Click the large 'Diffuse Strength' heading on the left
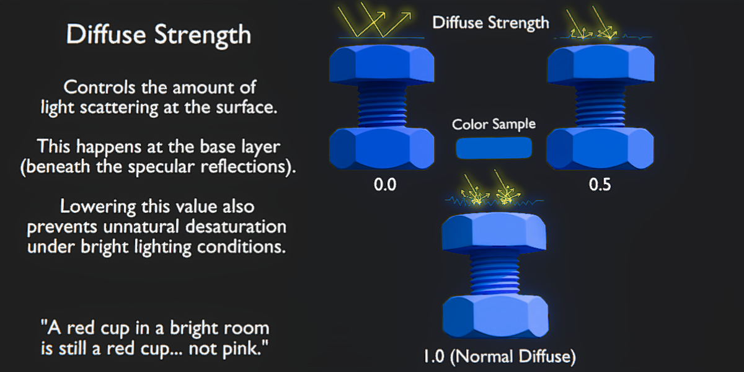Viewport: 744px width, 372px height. tap(159, 35)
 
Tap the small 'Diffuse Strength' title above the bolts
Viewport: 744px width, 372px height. tap(490, 24)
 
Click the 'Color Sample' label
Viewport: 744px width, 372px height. tap(494, 124)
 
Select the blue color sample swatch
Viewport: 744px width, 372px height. tap(494, 148)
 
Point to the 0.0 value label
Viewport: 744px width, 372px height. tap(385, 184)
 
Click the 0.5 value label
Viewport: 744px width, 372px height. tap(600, 184)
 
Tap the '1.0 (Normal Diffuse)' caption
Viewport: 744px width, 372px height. tap(499, 356)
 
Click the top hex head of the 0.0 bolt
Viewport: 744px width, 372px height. tap(381, 66)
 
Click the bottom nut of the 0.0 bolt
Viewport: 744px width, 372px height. tap(381, 149)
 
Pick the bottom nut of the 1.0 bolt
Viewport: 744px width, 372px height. tap(495, 314)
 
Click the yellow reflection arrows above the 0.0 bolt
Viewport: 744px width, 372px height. tap(376, 22)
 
